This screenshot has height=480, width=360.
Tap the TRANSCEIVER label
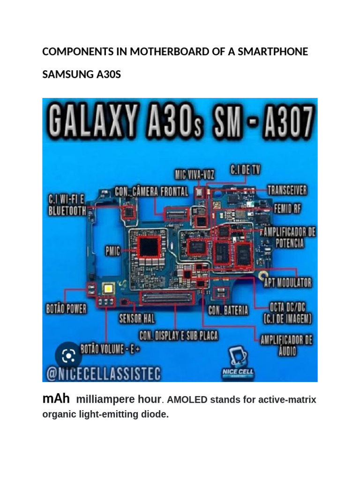coord(287,190)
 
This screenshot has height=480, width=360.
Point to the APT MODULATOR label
coord(288,283)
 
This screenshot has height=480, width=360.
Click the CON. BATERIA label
coord(228,310)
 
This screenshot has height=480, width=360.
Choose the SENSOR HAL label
coord(137,319)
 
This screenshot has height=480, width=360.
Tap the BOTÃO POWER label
coord(66,308)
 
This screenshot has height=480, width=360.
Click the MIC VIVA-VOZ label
coord(195,175)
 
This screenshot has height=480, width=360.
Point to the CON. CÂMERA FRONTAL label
coord(151,191)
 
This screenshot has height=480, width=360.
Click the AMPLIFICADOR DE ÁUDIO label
coord(286,345)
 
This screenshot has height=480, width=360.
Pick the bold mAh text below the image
coord(56,399)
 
